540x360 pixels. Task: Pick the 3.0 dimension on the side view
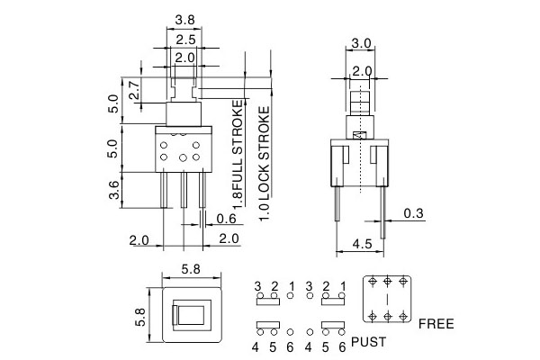coord(361,42)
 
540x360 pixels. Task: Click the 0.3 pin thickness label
coord(414,213)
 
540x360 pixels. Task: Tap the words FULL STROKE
coord(238,154)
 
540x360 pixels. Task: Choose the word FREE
coord(436,322)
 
